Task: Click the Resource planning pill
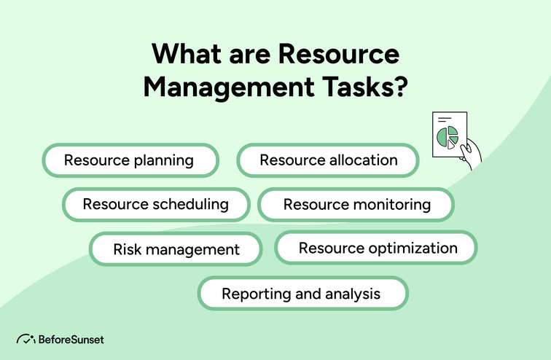click(130, 160)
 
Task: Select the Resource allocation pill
click(328, 160)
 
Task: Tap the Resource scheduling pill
click(155, 204)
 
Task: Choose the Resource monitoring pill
click(356, 205)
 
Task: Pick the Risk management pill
click(176, 249)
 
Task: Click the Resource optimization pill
click(376, 248)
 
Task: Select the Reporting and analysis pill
click(302, 294)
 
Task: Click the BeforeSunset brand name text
click(71, 340)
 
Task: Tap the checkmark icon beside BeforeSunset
click(26, 340)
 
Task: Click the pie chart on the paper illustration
click(447, 136)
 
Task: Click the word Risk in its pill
click(126, 249)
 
